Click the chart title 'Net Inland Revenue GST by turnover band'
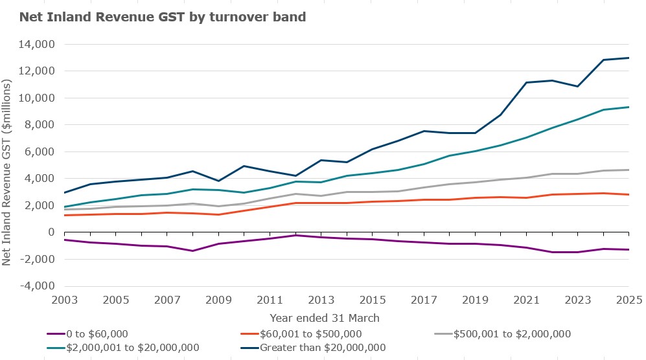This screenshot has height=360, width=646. [163, 17]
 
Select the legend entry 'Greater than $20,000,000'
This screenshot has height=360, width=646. [322, 347]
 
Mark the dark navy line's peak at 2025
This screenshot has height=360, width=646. [629, 58]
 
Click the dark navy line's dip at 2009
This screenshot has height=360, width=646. [218, 181]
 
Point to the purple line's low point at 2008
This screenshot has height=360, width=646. [192, 251]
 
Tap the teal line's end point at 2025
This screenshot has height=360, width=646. [629, 107]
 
